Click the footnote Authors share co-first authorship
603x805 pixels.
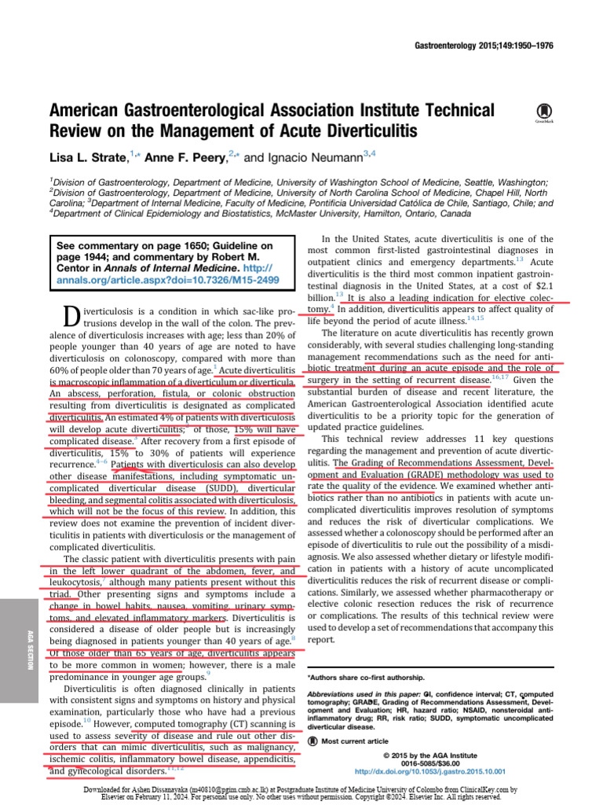click(366, 677)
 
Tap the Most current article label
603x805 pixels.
click(354, 741)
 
